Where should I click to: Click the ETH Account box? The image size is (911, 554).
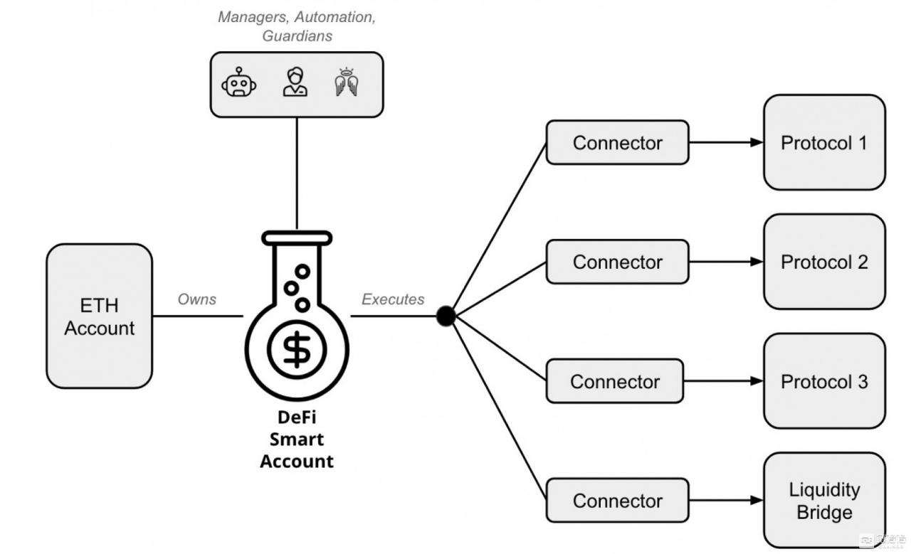point(99,316)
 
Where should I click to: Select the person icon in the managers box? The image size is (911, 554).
point(295,82)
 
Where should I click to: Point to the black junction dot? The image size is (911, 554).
point(446,316)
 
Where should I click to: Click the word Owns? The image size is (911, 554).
point(197,299)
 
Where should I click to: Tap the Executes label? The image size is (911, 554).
point(393,299)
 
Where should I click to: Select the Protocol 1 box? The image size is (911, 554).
point(824,143)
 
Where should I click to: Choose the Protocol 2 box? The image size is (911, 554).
point(824,262)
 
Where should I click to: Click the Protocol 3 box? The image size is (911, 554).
point(824,381)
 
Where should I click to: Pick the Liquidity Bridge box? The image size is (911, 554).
point(824,501)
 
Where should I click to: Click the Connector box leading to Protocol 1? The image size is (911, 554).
point(617,143)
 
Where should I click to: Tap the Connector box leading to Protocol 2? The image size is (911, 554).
point(617,262)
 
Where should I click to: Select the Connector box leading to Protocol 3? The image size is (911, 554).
point(614,381)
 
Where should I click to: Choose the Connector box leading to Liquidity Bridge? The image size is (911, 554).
point(617,501)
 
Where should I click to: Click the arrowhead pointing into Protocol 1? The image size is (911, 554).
point(757,143)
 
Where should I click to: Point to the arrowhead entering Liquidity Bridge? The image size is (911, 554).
point(757,501)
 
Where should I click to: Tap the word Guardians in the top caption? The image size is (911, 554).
point(297,36)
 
